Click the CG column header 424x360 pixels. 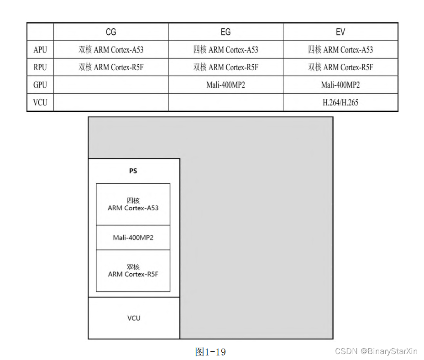(x=111, y=32)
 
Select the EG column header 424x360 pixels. (x=225, y=32)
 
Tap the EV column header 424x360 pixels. (x=340, y=32)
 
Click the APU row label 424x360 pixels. (x=40, y=50)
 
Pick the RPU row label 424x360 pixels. (x=40, y=67)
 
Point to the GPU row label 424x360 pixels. (x=40, y=85)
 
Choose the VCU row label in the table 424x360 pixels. (x=40, y=102)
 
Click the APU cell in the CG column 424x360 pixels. (x=111, y=50)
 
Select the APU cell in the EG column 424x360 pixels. (x=225, y=50)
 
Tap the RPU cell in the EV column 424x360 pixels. (x=340, y=67)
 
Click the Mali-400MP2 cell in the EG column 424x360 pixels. (x=225, y=85)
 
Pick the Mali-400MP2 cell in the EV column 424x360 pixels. (x=340, y=85)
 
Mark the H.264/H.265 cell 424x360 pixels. (x=340, y=102)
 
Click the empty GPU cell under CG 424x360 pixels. (x=111, y=85)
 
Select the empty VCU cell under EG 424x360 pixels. (x=225, y=102)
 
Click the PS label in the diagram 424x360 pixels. (x=133, y=171)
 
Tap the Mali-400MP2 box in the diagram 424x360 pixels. (x=133, y=238)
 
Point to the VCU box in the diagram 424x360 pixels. (x=134, y=318)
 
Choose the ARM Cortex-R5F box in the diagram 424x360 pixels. (x=133, y=271)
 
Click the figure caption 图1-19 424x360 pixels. (x=210, y=352)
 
